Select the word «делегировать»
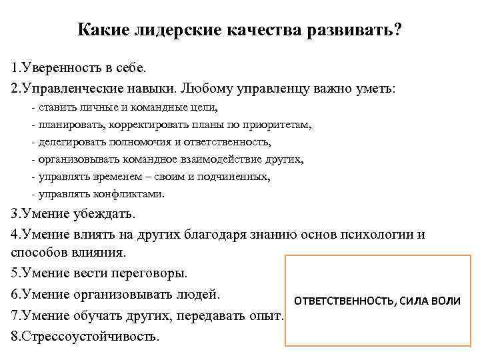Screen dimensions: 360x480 pyautogui.click(x=68, y=142)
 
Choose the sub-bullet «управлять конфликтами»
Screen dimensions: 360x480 pyautogui.click(x=97, y=194)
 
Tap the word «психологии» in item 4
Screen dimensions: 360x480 pyautogui.click(x=379, y=235)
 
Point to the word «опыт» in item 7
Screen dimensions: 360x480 pyautogui.click(x=266, y=313)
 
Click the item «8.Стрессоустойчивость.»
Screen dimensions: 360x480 pyautogui.click(x=85, y=335)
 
